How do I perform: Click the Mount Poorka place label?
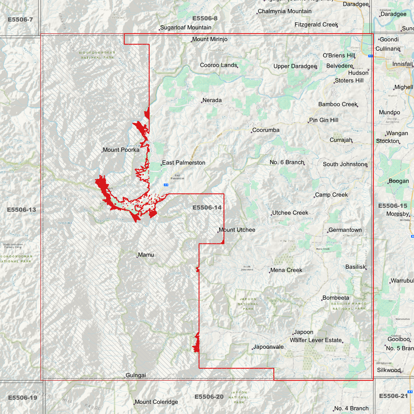121,150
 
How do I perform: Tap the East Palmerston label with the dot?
184,163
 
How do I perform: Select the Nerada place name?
212,100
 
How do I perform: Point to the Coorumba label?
266,130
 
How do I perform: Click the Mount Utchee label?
237,230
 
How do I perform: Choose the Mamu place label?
146,255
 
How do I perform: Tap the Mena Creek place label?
286,270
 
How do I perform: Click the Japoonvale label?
268,347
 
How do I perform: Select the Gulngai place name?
136,375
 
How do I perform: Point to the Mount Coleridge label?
156,402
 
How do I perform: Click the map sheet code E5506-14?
207,207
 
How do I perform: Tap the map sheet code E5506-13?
21,210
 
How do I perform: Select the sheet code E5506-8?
205,18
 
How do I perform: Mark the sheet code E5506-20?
209,397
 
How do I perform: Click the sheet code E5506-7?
20,19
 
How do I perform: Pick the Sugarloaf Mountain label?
186,28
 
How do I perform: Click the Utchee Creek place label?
290,213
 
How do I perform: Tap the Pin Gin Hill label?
323,120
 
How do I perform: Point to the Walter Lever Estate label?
316,340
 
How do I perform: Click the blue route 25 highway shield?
166,185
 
